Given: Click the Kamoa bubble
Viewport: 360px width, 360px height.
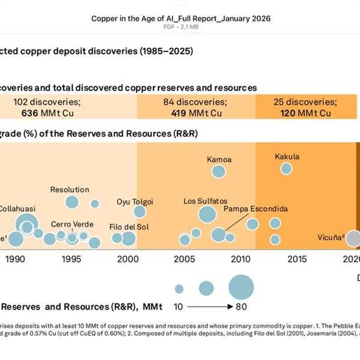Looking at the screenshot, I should click(218, 172).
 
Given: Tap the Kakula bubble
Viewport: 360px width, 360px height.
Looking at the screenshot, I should click(287, 169).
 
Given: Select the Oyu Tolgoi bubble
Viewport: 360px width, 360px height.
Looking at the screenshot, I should click(140, 211).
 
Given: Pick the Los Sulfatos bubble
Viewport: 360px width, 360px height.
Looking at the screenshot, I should click(207, 214).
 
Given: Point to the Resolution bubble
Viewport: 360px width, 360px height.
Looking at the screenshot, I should click(72, 202).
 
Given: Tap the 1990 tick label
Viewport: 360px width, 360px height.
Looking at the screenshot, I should click(15, 259).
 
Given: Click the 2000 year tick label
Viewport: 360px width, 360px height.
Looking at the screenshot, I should click(127, 259).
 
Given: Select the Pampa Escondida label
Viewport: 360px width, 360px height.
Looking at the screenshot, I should click(256, 209).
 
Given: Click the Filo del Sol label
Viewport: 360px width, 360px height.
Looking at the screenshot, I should click(130, 227).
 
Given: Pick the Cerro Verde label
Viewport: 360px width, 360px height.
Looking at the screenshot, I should click(72, 224).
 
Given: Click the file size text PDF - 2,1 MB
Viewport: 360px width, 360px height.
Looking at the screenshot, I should click(180, 28).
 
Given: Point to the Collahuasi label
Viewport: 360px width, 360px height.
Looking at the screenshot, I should click(17, 208).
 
